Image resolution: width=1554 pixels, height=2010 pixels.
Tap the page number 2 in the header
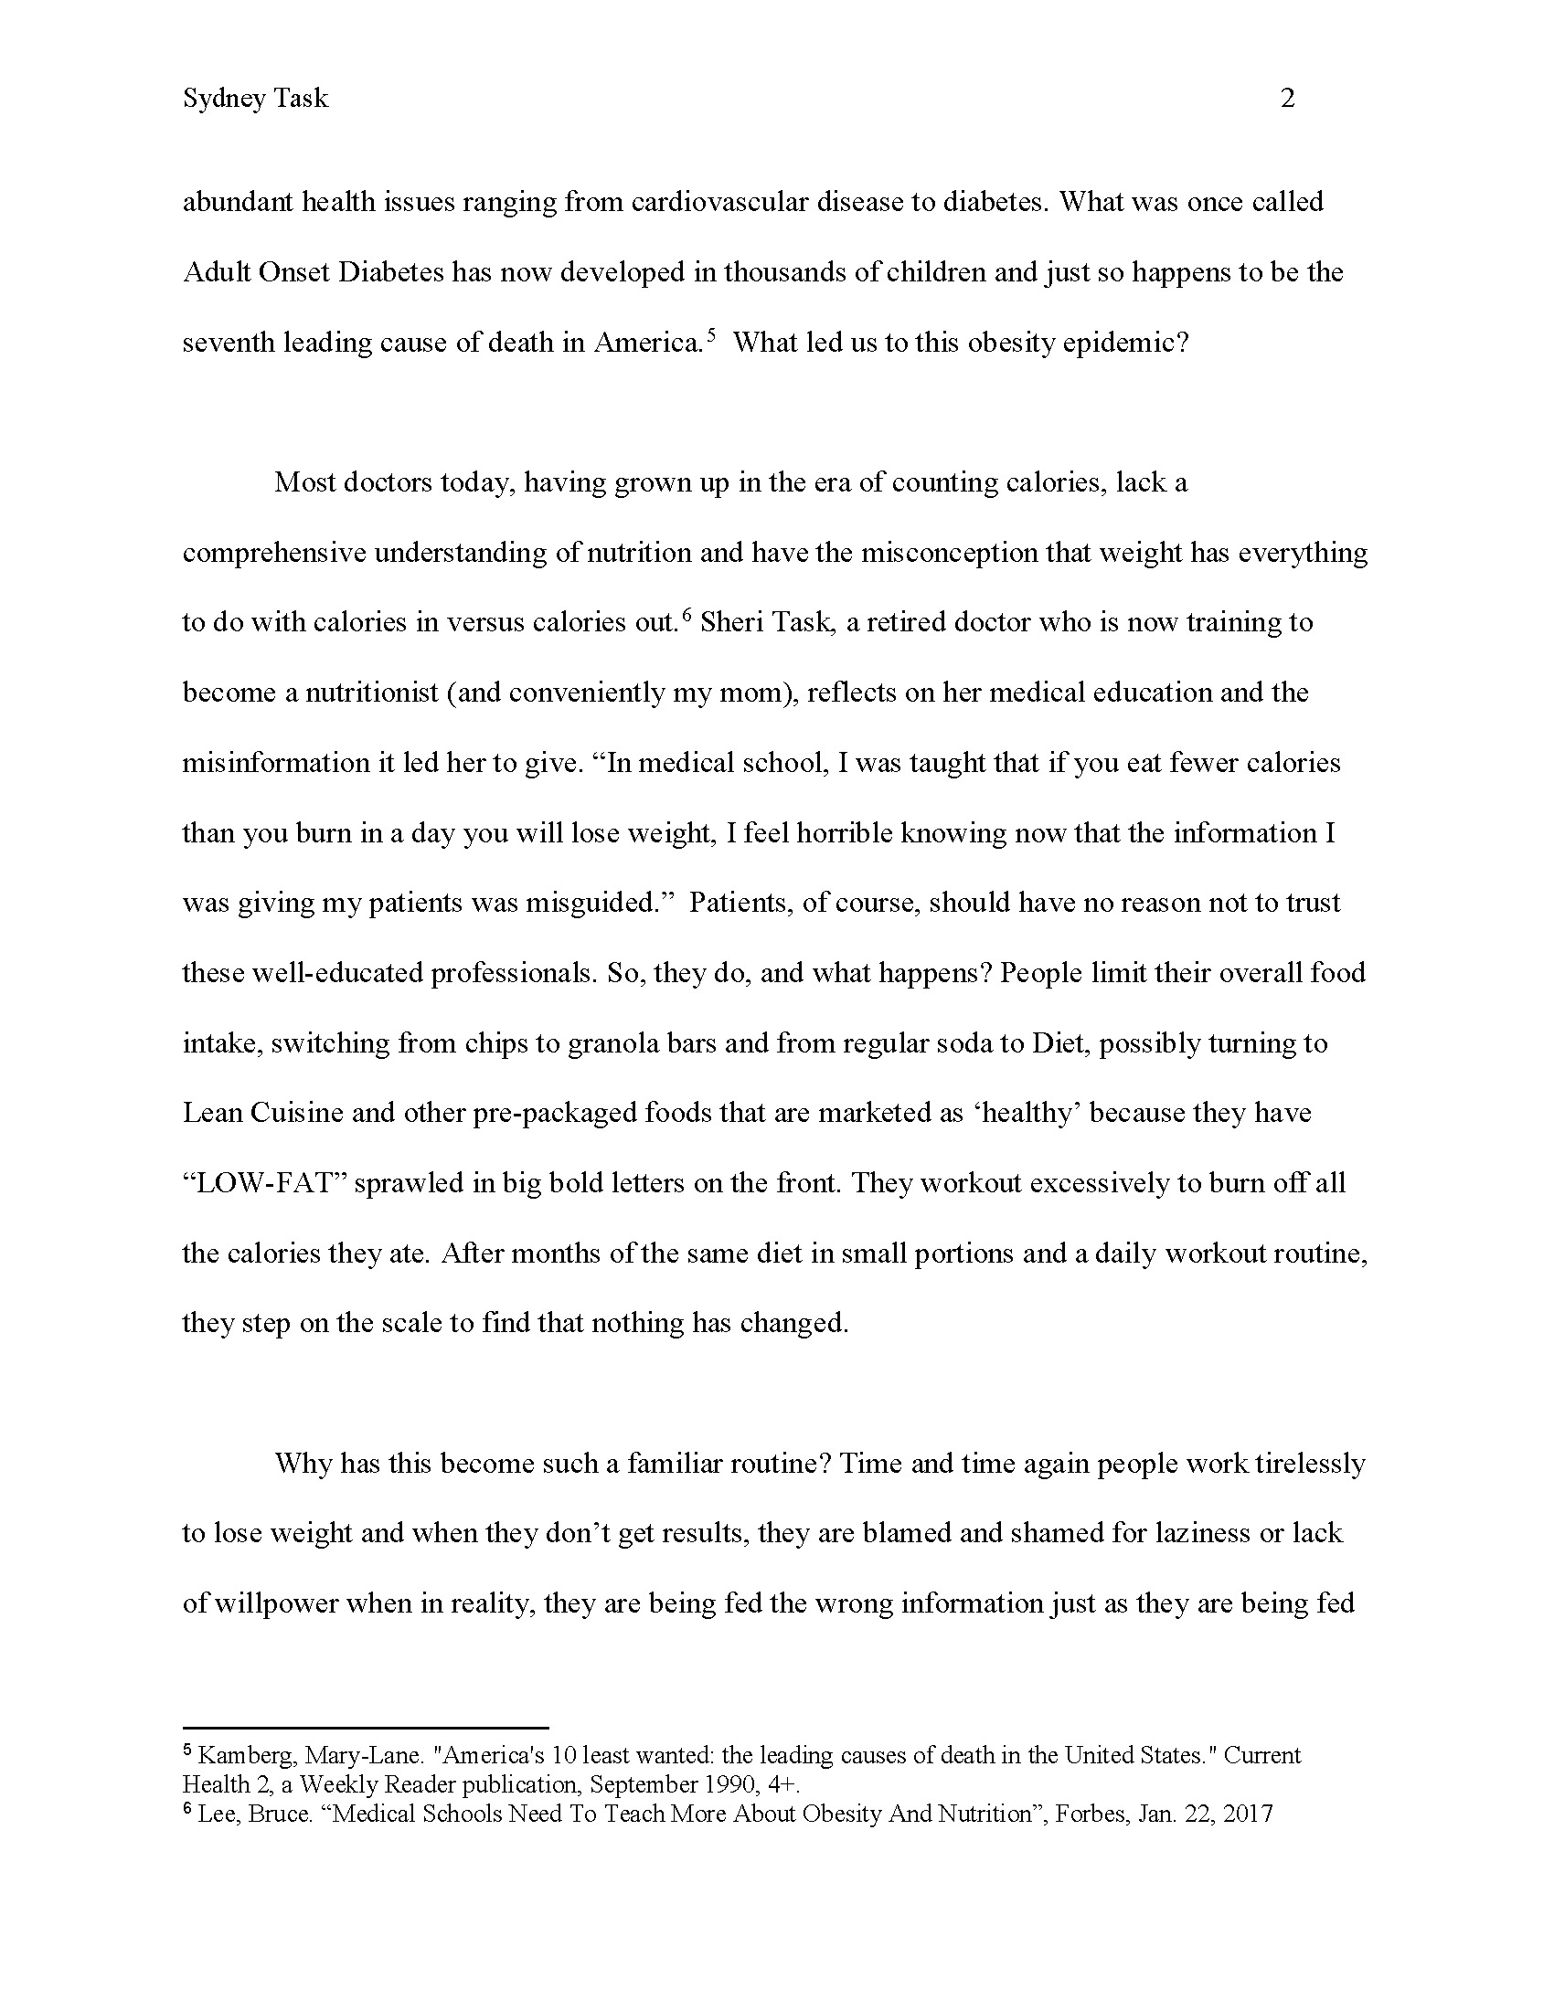pyautogui.click(x=1287, y=99)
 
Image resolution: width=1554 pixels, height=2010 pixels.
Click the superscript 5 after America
pyautogui.click(x=710, y=335)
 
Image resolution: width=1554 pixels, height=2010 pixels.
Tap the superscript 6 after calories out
pyautogui.click(x=686, y=616)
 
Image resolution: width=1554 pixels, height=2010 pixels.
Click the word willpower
pyautogui.click(x=281, y=1603)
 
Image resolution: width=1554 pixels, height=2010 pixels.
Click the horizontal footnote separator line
pyautogui.click(x=366, y=1729)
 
